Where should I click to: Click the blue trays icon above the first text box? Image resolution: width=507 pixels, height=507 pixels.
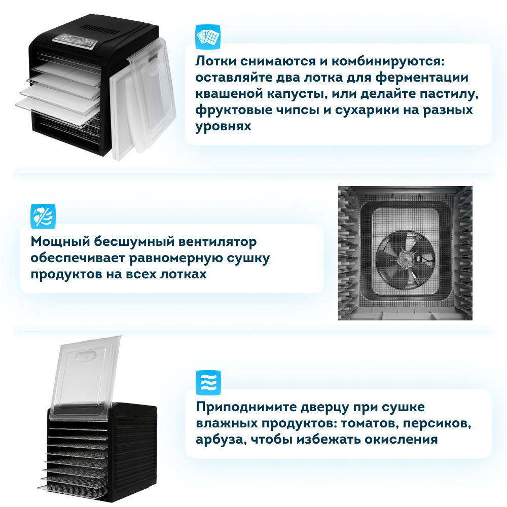208,37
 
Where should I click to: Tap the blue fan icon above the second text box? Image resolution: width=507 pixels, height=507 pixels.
43,216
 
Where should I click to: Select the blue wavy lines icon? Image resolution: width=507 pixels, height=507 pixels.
208,383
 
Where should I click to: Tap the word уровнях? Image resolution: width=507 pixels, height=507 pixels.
223,127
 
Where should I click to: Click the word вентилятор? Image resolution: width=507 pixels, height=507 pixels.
218,242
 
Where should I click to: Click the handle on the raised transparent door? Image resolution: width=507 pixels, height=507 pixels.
85,356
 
